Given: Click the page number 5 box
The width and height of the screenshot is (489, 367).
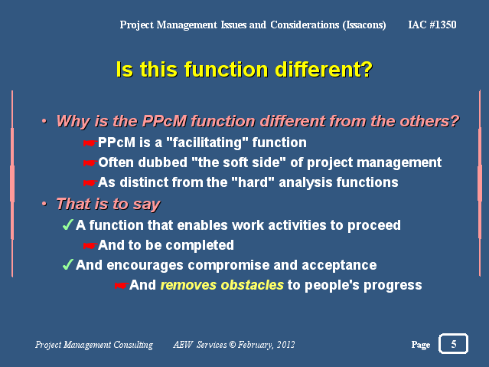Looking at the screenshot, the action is tap(453, 343).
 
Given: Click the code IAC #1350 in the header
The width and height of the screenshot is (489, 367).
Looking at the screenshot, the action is tap(432, 25).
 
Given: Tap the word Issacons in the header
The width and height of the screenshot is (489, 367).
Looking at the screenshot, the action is tap(364, 25).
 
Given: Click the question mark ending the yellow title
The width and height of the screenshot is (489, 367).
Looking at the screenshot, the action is tap(367, 69).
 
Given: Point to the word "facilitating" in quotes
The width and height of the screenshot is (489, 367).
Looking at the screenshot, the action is tap(207, 143).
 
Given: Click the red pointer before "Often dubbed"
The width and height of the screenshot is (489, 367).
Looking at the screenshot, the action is tap(90, 162).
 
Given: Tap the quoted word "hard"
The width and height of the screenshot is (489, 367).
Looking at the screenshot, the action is tap(253, 182).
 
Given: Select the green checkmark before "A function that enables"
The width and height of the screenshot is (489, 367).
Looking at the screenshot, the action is tap(68, 224).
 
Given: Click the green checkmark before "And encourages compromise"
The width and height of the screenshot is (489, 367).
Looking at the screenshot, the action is tap(68, 264).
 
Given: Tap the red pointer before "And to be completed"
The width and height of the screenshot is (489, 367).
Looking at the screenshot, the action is tap(90, 245).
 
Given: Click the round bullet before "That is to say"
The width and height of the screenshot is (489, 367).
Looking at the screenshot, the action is tap(44, 204).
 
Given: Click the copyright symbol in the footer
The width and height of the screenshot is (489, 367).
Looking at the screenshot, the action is tap(233, 344).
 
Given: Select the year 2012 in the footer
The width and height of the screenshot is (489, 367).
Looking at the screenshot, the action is tap(285, 344).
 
